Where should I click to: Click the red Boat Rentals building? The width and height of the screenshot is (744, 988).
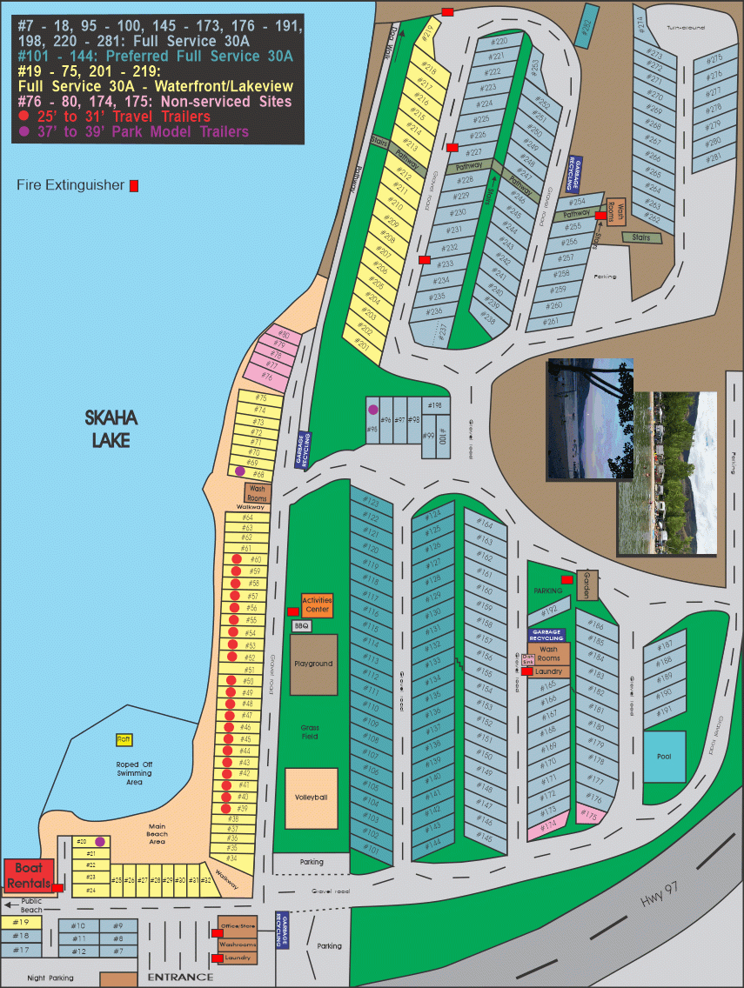click(30, 875)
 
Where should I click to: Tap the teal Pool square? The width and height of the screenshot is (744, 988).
click(664, 756)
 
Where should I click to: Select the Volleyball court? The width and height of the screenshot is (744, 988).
click(312, 798)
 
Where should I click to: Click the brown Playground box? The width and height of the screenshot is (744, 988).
click(313, 664)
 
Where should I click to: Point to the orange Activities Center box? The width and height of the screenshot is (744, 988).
click(317, 604)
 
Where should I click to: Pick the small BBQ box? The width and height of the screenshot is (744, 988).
click(301, 625)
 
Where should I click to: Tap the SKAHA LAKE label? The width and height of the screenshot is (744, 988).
click(111, 430)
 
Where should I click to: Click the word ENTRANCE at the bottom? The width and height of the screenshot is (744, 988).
click(180, 977)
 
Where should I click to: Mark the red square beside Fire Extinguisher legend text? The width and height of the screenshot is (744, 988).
click(134, 185)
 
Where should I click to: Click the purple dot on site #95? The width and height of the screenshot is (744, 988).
click(373, 410)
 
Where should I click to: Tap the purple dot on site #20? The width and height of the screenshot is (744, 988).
click(100, 841)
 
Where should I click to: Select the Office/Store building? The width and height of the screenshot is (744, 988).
click(238, 928)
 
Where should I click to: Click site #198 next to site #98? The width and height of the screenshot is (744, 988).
click(436, 405)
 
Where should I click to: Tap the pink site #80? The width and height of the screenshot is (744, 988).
click(283, 335)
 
